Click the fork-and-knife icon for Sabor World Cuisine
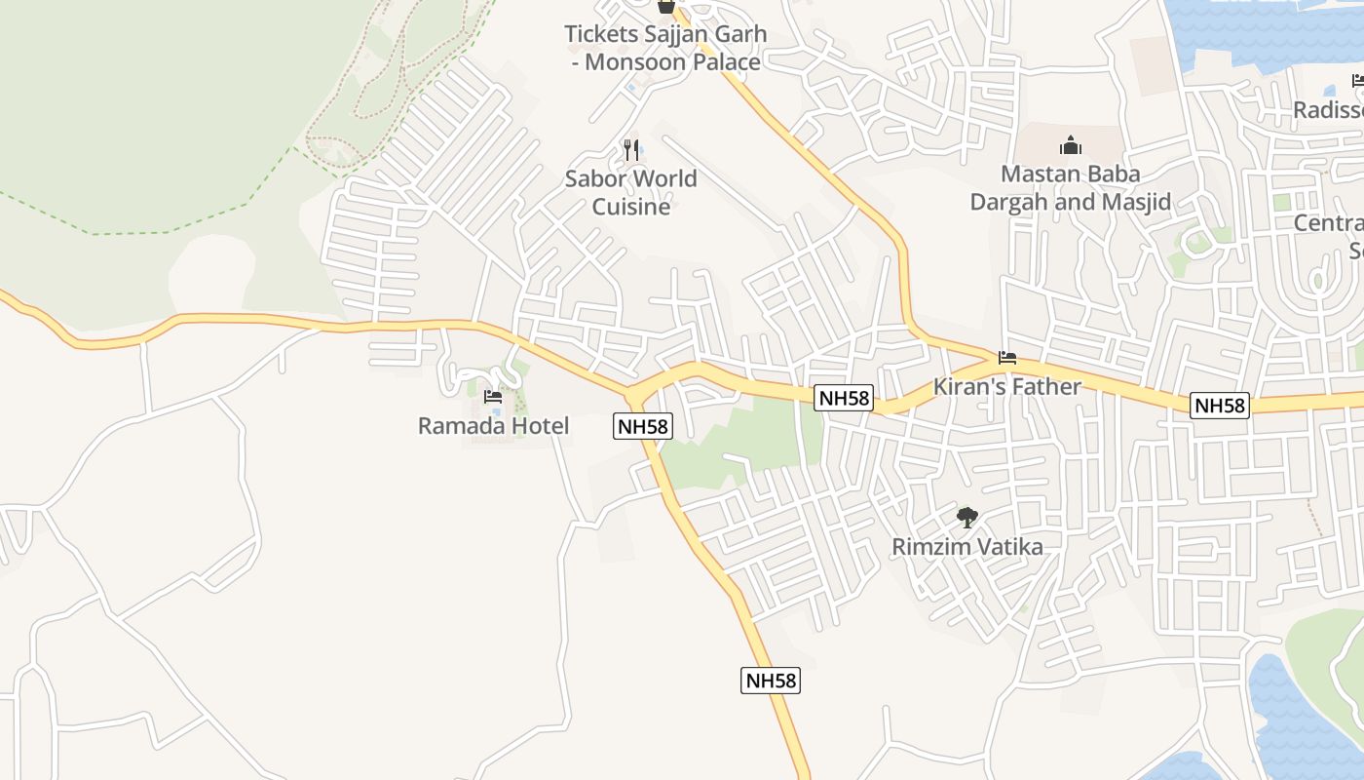(631, 149)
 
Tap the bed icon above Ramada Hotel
(493, 397)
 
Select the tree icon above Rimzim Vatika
(966, 517)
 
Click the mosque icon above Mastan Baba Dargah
(1071, 146)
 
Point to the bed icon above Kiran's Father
(1007, 358)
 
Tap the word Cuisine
(631, 207)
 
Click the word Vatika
(1006, 547)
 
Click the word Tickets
(600, 34)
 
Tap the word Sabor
(593, 178)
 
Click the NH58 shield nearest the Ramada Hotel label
(643, 426)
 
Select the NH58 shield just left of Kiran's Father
(844, 398)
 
